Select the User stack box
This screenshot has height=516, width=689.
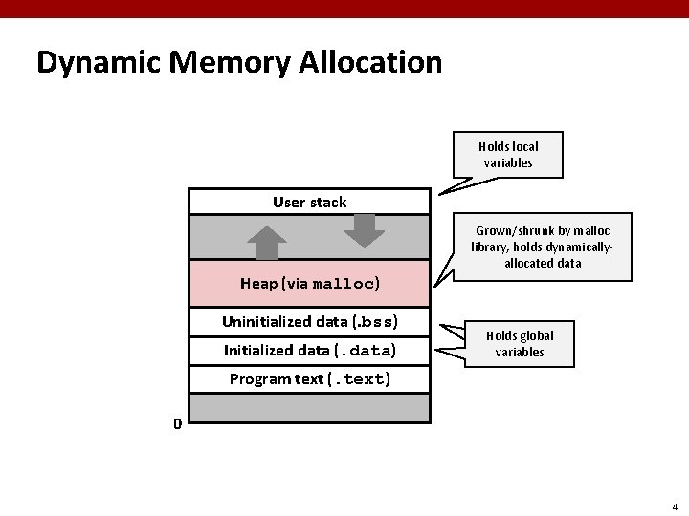point(309,202)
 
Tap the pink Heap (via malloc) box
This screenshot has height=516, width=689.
point(309,283)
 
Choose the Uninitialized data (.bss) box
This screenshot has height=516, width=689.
point(309,320)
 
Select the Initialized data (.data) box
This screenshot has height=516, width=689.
point(309,350)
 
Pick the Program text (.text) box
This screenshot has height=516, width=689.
point(309,378)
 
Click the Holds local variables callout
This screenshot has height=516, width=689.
point(508,154)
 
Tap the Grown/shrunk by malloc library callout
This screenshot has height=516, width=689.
point(542,247)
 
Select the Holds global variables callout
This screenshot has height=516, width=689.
point(520,344)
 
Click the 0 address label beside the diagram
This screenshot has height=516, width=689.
point(177,423)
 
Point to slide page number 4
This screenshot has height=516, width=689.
point(675,506)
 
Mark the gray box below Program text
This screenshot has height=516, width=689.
point(309,407)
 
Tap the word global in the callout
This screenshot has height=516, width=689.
point(535,336)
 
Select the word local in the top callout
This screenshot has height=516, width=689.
point(525,146)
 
